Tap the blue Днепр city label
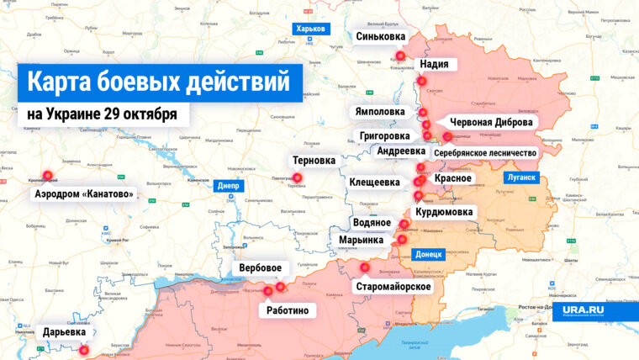229,187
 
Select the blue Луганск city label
520,178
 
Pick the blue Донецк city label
429,254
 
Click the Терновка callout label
314,160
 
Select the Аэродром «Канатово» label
83,194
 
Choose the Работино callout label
288,310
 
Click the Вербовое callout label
260,269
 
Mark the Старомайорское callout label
393,287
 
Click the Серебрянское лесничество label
485,153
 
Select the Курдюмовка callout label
445,212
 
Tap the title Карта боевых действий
160,82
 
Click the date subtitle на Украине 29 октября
102,114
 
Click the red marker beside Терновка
297,177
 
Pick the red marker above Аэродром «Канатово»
47,177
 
